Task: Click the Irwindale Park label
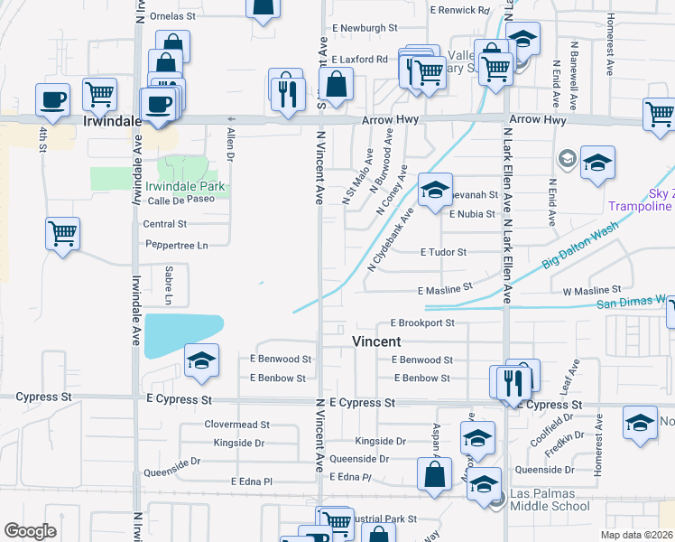[185, 187]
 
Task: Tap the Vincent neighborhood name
[375, 342]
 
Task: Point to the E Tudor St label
[443, 253]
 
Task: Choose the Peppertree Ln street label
[177, 245]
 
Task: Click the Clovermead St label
[237, 424]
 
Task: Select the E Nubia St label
[472, 214]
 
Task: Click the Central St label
[164, 223]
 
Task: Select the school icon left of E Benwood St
[201, 360]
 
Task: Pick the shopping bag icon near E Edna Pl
[434, 473]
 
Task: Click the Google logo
[30, 531]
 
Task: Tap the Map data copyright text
[637, 535]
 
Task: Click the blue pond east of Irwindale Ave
[184, 334]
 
